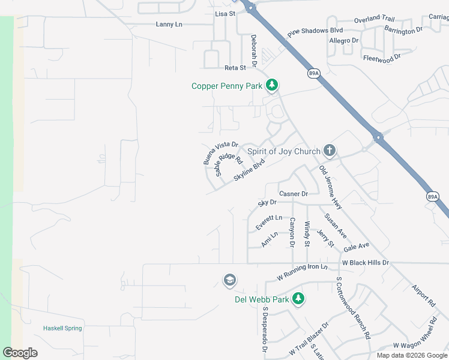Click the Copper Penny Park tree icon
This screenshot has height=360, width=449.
click(x=272, y=86)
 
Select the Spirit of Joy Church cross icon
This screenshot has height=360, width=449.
click(x=329, y=150)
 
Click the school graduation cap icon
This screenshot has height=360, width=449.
click(x=229, y=280)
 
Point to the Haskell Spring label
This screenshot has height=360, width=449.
click(x=62, y=328)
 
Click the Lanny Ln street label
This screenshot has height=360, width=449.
click(x=169, y=24)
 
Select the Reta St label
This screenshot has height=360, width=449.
click(x=235, y=68)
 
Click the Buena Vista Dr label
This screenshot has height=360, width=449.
click(x=220, y=153)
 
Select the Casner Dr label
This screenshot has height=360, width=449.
click(x=294, y=194)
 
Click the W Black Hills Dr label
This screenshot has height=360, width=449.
click(x=366, y=263)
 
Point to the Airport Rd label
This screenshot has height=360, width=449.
click(x=424, y=292)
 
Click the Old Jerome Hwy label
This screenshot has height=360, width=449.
click(x=330, y=187)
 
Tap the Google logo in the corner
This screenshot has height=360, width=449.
click(x=20, y=353)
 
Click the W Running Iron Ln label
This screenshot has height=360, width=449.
click(x=303, y=272)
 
